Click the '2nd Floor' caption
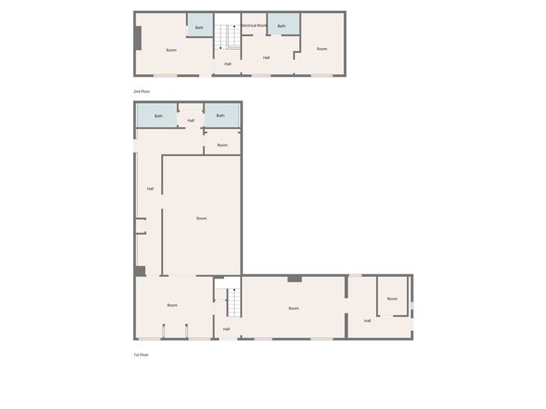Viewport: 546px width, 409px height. tap(141, 91)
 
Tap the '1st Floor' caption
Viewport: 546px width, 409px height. tap(141, 354)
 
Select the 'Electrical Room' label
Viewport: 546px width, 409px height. tap(254, 25)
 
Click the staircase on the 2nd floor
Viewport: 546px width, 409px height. tap(228, 38)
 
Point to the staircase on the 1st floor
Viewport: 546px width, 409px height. tap(233, 301)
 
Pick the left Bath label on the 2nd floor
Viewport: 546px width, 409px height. tap(199, 27)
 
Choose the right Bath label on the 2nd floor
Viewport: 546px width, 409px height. tap(282, 26)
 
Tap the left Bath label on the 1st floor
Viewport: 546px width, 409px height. tap(159, 116)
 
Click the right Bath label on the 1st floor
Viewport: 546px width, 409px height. tap(221, 116)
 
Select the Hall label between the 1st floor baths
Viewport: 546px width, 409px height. tap(191, 121)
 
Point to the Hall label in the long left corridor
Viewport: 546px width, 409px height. tap(150, 189)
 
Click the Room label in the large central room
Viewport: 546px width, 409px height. tap(201, 218)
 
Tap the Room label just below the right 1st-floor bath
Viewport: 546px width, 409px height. tap(222, 145)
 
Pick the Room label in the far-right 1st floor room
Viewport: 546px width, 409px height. tap(392, 299)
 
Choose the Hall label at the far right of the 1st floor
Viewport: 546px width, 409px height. tap(368, 320)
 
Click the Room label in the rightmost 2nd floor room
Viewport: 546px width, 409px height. tap(322, 49)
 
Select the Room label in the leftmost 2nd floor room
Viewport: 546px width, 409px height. tap(171, 51)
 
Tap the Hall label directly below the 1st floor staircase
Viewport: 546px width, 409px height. tap(226, 329)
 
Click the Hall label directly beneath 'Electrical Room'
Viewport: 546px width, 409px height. tap(266, 57)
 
